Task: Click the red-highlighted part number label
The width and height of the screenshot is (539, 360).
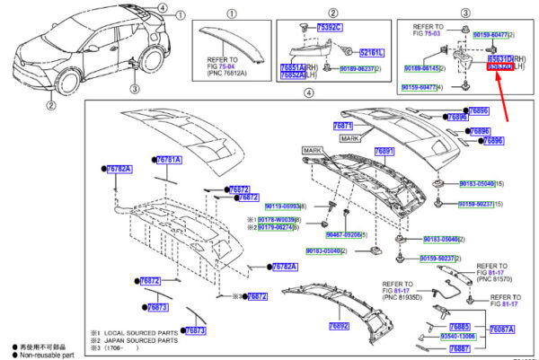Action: (x=500, y=67)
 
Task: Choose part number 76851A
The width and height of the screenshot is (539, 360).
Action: (x=292, y=67)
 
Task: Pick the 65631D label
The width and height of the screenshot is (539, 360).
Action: (x=499, y=58)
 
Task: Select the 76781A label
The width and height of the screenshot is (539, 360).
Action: (x=169, y=160)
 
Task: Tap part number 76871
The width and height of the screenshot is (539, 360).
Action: (x=342, y=127)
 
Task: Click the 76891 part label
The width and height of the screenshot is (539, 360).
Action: (x=384, y=152)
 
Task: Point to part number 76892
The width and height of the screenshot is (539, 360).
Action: (x=338, y=326)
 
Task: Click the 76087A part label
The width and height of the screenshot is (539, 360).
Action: (x=502, y=330)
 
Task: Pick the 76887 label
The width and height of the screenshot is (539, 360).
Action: (x=460, y=347)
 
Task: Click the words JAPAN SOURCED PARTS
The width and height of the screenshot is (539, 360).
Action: (x=135, y=339)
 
